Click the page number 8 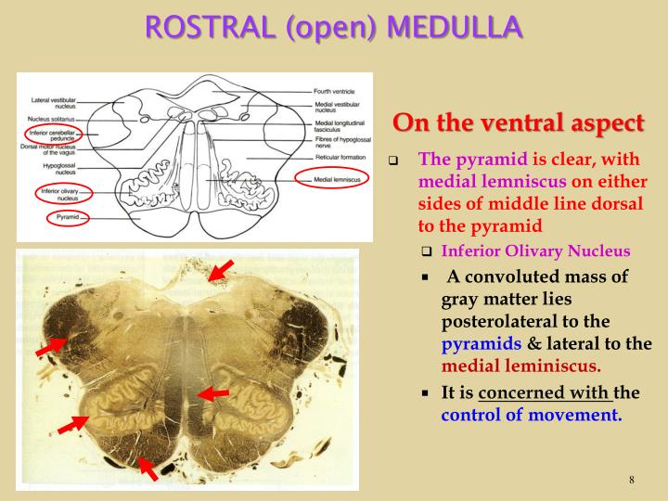pos(631,480)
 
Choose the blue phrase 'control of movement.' pos(532,415)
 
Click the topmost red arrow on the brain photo pos(221,270)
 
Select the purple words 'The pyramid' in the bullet pos(463,159)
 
